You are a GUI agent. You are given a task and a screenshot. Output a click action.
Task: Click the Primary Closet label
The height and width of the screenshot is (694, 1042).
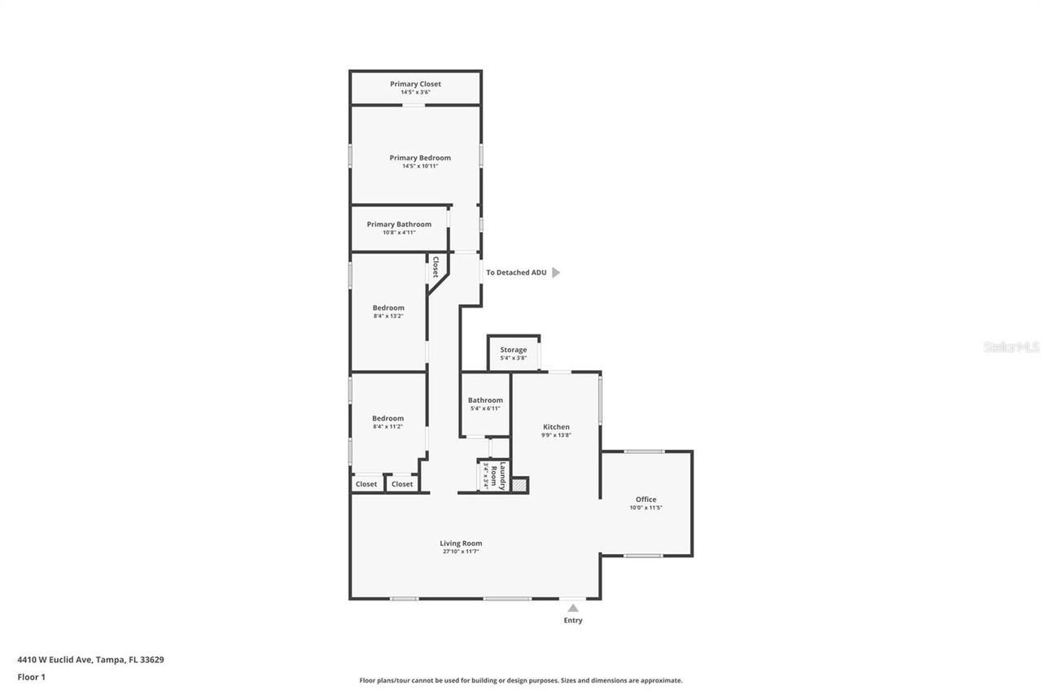[415, 84]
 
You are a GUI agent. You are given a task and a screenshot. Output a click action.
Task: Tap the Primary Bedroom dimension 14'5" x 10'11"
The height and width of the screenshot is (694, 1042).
[420, 166]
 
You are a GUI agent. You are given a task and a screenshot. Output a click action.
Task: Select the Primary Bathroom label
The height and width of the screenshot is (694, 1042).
[399, 225]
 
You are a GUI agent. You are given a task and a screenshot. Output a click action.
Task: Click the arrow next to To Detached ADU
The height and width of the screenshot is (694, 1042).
[556, 273]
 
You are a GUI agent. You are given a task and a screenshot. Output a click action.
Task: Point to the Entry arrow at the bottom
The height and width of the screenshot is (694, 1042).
[573, 608]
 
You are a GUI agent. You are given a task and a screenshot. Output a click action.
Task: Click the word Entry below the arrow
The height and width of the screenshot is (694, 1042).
[573, 621]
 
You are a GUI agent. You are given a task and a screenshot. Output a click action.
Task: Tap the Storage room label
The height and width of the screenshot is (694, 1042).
[513, 350]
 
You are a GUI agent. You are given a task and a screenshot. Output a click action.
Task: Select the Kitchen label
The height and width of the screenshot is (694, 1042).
[556, 427]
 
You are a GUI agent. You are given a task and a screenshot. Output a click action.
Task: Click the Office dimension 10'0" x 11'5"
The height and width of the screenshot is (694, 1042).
[646, 508]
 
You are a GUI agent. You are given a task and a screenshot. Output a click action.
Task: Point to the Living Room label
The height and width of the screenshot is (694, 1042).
[461, 543]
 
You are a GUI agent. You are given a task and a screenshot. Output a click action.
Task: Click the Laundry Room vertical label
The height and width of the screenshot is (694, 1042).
[503, 475]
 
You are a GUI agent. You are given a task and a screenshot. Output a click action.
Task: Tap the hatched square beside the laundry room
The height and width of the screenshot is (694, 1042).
[519, 485]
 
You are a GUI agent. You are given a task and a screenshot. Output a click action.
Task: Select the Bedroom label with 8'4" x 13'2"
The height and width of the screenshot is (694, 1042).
[388, 308]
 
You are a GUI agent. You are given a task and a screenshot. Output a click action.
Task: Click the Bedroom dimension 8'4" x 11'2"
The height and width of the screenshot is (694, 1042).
[388, 426]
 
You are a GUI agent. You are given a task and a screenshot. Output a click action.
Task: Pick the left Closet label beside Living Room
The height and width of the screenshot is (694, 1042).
[366, 484]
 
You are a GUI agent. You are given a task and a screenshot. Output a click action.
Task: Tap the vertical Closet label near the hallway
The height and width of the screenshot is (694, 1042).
[436, 268]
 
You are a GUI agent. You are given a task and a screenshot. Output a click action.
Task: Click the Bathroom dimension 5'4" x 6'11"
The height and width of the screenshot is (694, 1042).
[485, 408]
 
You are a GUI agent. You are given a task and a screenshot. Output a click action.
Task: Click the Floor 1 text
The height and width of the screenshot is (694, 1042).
[32, 677]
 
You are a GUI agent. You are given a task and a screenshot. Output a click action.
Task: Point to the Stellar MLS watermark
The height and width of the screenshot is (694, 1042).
[1011, 347]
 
